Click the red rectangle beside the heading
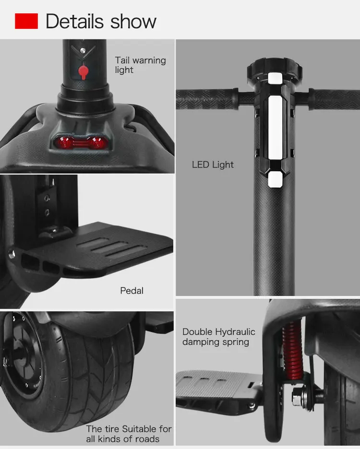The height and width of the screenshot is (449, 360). (x=26, y=21)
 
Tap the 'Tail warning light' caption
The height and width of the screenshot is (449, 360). (x=140, y=65)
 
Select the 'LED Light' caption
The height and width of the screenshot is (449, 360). (x=213, y=165)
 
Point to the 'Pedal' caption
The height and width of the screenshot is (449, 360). (x=132, y=290)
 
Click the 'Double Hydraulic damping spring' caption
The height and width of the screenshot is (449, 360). (x=218, y=337)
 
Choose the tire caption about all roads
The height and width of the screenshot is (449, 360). (x=129, y=434)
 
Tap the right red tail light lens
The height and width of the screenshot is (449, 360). (x=98, y=142)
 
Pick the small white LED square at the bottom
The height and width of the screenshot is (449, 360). (x=275, y=179)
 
